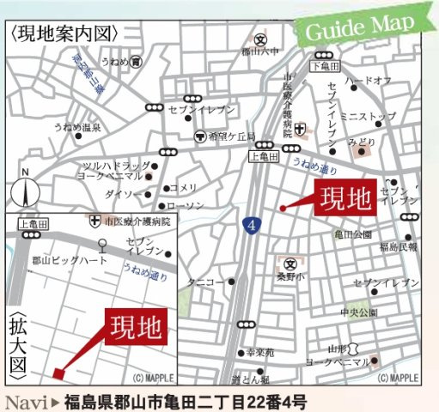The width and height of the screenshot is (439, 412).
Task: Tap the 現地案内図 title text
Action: [x=64, y=34]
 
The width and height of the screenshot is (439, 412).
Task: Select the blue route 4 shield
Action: [x=252, y=227]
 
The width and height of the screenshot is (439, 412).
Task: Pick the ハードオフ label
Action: [x=368, y=81]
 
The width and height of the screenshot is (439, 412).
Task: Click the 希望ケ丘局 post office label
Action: [x=228, y=136]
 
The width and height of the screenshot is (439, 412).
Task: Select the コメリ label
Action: [x=183, y=188]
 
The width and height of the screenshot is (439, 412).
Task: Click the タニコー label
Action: [x=207, y=280]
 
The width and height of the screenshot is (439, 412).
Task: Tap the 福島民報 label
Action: [x=397, y=247]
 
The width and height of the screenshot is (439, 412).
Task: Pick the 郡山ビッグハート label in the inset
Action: [x=70, y=259]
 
